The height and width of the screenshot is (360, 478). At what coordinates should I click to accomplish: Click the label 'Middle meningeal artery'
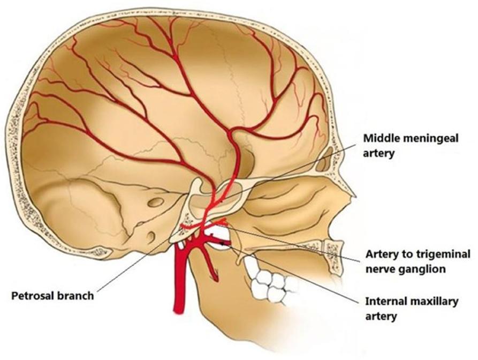click(411, 146)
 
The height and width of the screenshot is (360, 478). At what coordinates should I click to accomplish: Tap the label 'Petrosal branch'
click(52, 296)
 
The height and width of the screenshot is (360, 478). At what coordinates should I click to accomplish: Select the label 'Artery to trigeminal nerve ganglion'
click(418, 261)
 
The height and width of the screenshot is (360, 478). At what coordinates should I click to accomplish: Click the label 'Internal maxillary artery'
click(412, 309)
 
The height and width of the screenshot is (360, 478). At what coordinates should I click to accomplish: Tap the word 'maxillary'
click(434, 302)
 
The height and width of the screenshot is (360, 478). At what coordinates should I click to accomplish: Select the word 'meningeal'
click(431, 139)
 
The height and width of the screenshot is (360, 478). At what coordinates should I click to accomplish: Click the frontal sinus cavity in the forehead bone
click(323, 159)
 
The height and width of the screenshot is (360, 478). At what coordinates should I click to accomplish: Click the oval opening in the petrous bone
click(156, 202)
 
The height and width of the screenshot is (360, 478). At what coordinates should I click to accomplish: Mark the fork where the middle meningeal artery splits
click(232, 132)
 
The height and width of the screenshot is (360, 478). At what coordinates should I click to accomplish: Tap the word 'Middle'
click(381, 139)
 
